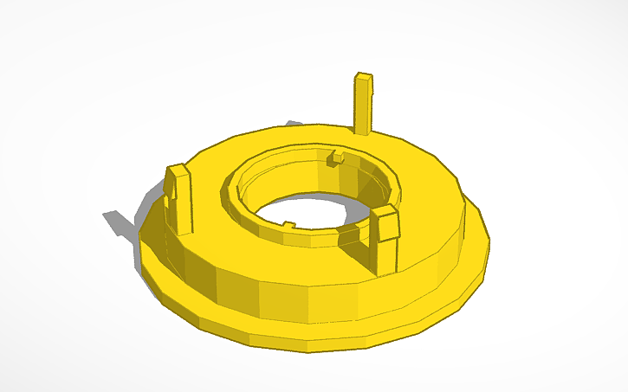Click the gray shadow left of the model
click(x=121, y=221)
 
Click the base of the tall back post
click(x=363, y=132)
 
